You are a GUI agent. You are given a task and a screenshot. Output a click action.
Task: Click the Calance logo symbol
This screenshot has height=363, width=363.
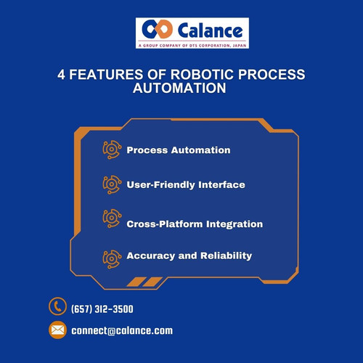pos(155,30)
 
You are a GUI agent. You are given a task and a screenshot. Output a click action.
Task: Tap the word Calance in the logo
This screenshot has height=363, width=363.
pos(206,30)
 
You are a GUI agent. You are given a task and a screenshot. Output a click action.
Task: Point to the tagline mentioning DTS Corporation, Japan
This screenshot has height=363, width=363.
pos(192,45)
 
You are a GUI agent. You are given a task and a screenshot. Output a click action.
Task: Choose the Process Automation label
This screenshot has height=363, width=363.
pos(178,150)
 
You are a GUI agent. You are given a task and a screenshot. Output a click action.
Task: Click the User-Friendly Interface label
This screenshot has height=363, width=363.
pos(185,184)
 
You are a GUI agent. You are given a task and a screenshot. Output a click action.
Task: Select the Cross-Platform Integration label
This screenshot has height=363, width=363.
pos(194,224)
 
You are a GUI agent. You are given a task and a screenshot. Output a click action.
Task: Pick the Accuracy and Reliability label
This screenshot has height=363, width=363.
pos(189,256)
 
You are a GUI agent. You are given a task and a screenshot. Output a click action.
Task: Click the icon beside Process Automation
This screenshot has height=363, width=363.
pos(112,150)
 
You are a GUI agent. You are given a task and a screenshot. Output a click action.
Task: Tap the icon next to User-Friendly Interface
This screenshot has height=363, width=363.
pos(112,184)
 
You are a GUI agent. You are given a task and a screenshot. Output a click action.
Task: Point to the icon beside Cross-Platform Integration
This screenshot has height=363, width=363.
pos(112,219)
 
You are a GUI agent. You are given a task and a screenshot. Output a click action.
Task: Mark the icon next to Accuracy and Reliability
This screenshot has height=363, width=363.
pos(112,256)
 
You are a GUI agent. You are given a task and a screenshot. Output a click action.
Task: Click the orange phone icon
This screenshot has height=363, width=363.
pos(57,307)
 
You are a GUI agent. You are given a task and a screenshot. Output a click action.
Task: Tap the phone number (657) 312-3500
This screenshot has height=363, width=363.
pos(102,309)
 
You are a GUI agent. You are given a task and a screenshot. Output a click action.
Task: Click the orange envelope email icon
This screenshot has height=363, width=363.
pos(57,330)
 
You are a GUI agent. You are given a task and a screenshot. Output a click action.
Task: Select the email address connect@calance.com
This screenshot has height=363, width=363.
pos(122,331)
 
